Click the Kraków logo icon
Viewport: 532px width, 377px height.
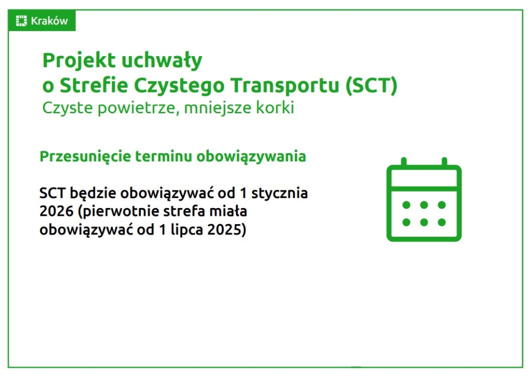pyautogui.click(x=21, y=21)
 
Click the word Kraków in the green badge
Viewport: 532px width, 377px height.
pyautogui.click(x=49, y=21)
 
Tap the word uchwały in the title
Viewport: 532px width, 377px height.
pyautogui.click(x=162, y=61)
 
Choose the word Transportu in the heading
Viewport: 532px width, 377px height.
pyautogui.click(x=285, y=86)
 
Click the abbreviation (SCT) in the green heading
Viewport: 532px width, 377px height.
pyautogui.click(x=371, y=86)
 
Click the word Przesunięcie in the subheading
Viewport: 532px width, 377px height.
pyautogui.click(x=85, y=157)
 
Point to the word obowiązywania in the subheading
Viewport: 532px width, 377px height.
pyautogui.click(x=251, y=157)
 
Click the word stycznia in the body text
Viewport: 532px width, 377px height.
pyautogui.click(x=280, y=193)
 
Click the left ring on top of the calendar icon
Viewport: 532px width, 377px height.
pyautogui.click(x=404, y=162)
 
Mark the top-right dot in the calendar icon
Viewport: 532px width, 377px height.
pyautogui.click(x=442, y=205)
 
